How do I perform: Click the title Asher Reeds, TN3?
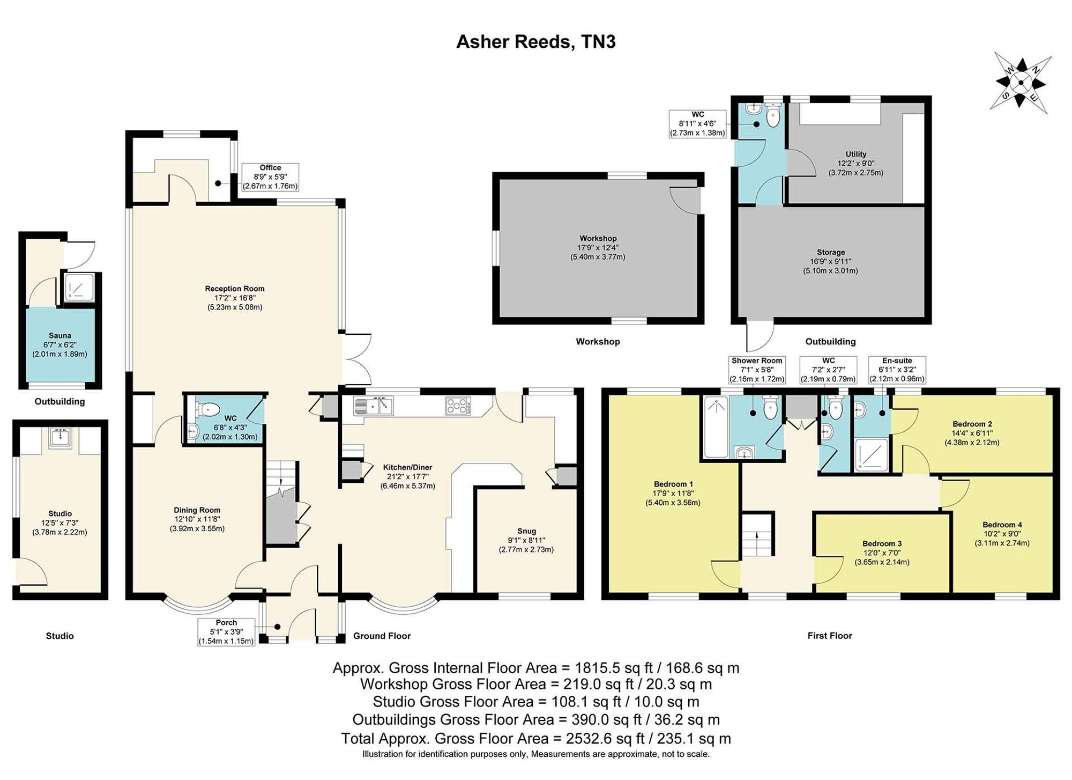click(x=535, y=42)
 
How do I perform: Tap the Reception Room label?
click(x=235, y=289)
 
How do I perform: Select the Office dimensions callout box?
click(x=270, y=177)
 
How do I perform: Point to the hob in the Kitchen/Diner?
click(x=458, y=405)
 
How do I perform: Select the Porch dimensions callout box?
click(x=226, y=632)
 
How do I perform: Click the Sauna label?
click(x=59, y=336)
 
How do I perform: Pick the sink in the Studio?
click(x=60, y=438)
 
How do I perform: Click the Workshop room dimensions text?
click(x=598, y=252)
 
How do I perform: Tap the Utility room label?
click(x=856, y=154)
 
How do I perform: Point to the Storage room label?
click(x=831, y=252)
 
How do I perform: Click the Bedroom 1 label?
click(x=673, y=484)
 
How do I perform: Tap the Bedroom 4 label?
click(x=1002, y=525)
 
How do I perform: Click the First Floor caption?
click(x=830, y=636)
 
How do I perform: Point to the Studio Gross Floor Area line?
click(x=536, y=702)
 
